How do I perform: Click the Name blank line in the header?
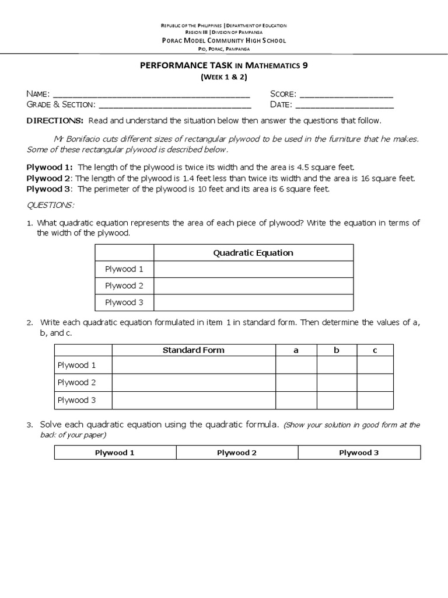click(x=151, y=95)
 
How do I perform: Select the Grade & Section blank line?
click(x=175, y=106)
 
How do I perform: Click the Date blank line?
click(x=345, y=106)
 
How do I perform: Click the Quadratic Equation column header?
click(x=253, y=253)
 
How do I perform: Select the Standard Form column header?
click(x=193, y=350)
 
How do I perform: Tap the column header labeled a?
click(x=296, y=350)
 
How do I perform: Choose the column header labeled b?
click(x=336, y=350)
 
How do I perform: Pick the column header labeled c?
click(x=375, y=350)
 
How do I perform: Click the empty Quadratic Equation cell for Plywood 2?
click(x=253, y=286)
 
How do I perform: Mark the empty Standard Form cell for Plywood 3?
click(x=193, y=400)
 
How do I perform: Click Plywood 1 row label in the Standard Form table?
click(x=76, y=365)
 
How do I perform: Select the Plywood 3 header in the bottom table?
click(x=359, y=453)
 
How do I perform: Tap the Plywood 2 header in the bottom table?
click(x=237, y=453)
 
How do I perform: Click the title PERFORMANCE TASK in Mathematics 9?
click(x=224, y=66)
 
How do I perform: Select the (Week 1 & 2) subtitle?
click(x=224, y=77)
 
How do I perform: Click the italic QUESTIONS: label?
click(x=51, y=205)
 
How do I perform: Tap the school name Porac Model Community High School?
click(x=224, y=40)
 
